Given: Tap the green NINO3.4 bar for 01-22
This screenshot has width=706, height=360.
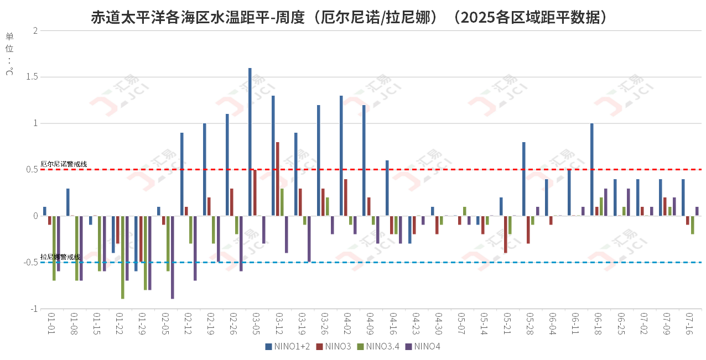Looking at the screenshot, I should click(x=122, y=257).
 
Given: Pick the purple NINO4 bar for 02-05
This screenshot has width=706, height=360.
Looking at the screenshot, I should click(x=172, y=257).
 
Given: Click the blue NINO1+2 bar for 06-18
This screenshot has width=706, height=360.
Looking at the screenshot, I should click(x=591, y=169).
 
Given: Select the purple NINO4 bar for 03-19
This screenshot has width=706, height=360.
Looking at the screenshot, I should click(x=309, y=239).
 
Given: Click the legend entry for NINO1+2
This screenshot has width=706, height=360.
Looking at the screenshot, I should click(x=287, y=347).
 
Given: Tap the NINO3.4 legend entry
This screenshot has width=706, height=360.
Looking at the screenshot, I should click(x=378, y=347).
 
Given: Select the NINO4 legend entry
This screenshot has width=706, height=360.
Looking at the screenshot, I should click(x=423, y=347).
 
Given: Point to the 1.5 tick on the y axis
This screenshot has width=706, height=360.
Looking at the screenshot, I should click(x=32, y=77).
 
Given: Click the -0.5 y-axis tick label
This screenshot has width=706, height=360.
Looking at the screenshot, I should click(x=30, y=262).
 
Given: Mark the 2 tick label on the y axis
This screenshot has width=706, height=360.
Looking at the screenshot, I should click(x=35, y=30).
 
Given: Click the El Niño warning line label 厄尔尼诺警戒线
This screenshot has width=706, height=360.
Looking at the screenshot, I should click(x=64, y=164).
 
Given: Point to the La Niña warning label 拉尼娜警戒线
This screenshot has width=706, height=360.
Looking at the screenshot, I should click(x=60, y=257).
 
